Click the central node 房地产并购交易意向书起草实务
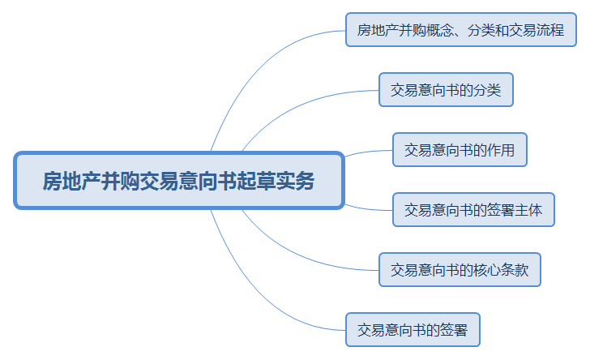(x=179, y=180)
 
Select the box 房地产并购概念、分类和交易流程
(x=461, y=30)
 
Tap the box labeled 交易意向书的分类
(x=446, y=90)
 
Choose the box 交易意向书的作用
(x=460, y=149)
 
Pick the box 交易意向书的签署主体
(x=473, y=210)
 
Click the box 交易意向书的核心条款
(x=460, y=270)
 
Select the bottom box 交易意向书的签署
(x=413, y=329)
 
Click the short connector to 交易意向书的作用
(x=368, y=152)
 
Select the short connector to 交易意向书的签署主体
(x=368, y=208)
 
